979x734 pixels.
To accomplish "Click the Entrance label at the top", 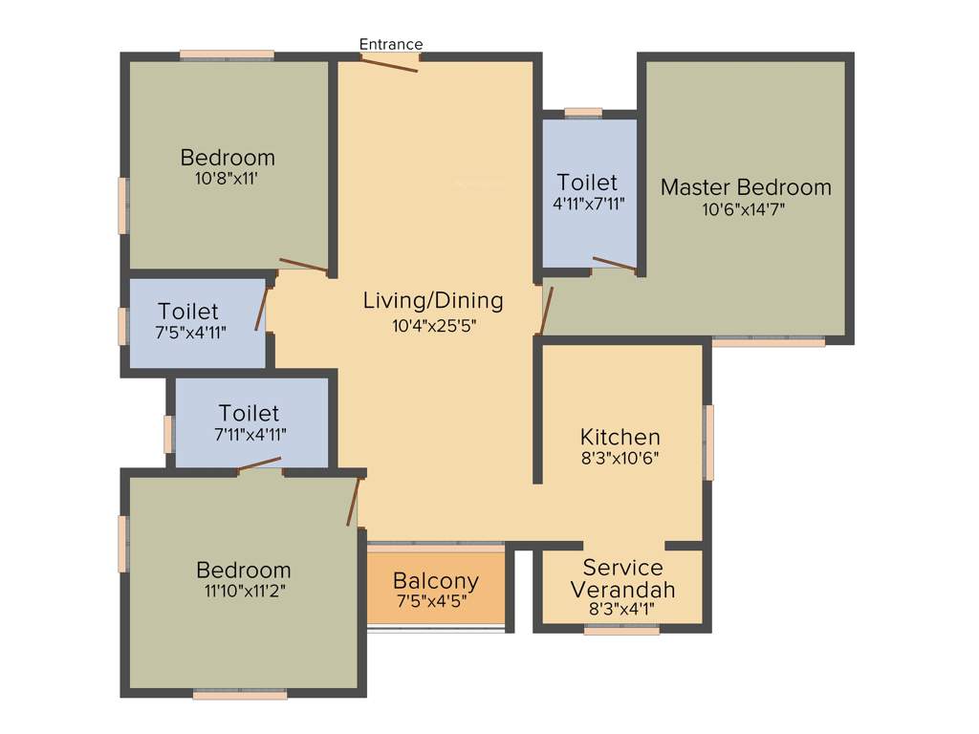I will click(390, 44).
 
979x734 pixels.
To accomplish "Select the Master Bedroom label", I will click(746, 186).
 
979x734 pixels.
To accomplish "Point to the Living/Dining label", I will click(433, 300).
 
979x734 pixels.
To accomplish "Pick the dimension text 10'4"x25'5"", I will click(433, 325).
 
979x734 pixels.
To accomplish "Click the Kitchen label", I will click(620, 437).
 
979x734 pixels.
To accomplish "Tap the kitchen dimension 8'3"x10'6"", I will click(620, 458).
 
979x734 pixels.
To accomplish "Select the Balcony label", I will click(436, 581).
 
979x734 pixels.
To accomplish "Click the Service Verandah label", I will click(621, 578).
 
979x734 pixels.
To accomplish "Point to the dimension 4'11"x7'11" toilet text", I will click(587, 204).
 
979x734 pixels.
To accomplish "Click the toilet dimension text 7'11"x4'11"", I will click(250, 434).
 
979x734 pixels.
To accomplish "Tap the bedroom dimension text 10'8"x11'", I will click(228, 178).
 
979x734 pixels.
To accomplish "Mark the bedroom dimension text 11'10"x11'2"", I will click(243, 591).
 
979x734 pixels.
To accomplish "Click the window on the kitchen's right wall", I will click(708, 443).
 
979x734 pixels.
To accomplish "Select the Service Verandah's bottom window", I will click(621, 631).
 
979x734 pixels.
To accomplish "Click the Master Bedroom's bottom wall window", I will click(769, 341).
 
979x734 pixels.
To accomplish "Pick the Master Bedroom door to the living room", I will click(544, 311).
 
